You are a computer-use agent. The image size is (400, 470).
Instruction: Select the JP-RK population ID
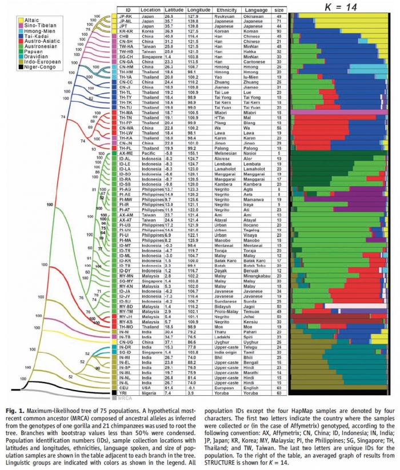pos(125,17)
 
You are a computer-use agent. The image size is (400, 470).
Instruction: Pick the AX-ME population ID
pos(126,154)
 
